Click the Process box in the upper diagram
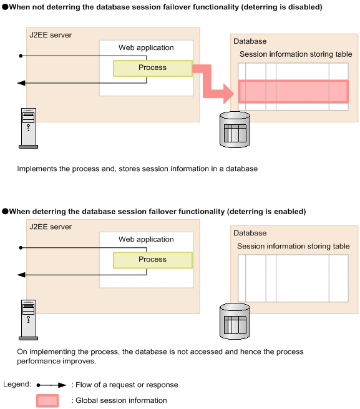point(153,68)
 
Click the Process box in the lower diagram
point(153,260)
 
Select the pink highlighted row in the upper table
point(293,92)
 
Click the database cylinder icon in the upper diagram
point(235,129)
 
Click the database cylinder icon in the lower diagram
point(235,321)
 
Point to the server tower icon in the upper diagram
point(29,129)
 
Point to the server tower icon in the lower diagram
point(29,320)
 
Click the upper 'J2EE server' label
point(51,35)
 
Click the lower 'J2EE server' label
point(51,227)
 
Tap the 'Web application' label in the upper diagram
point(146,47)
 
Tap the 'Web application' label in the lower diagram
point(146,239)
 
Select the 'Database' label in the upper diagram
point(250,41)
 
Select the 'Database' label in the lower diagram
point(250,233)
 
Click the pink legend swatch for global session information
point(47,401)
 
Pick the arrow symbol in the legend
point(51,385)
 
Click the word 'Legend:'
point(17,384)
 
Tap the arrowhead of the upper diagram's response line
point(21,83)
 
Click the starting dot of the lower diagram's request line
point(21,248)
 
